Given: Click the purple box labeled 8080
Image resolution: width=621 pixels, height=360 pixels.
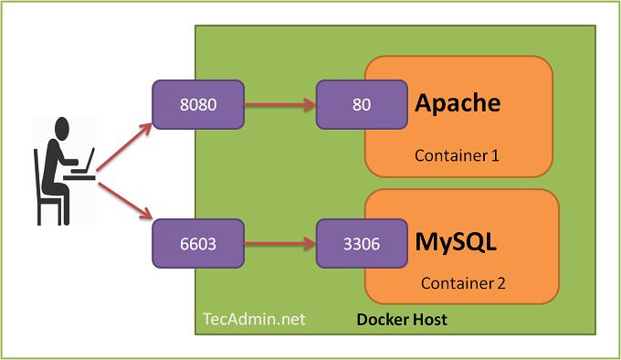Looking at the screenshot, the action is point(198,104).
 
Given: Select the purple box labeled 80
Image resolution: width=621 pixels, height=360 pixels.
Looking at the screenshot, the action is point(362,104).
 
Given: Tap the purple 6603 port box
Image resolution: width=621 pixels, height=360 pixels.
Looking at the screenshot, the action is point(198,244).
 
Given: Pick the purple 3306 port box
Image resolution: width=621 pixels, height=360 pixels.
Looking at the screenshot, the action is point(362,244).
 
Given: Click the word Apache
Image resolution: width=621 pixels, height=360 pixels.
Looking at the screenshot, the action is point(458,104).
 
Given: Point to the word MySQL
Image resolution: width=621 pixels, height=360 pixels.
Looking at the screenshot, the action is point(456,242).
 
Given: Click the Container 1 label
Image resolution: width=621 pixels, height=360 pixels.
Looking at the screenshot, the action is point(457,155).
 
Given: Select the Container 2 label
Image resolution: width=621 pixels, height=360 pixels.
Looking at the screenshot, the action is point(463,283).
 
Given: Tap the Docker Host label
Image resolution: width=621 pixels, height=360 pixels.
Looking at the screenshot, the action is point(402,320).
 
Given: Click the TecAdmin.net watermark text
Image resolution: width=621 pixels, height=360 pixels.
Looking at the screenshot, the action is point(254,319).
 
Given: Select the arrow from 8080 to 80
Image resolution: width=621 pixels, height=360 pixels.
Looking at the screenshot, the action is point(279,104).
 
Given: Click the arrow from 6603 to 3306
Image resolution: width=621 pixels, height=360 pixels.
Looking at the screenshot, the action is point(279,244).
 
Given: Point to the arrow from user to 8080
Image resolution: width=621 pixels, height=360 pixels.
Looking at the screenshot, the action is point(124,147).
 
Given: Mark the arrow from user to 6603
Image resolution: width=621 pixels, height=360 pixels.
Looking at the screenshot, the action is point(125,201).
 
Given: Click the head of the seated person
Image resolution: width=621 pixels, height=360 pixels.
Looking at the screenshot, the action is point(62,128).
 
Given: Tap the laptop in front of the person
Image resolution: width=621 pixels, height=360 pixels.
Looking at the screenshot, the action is point(85,163).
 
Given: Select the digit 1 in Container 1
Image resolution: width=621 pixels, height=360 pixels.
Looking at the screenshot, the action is point(495,155).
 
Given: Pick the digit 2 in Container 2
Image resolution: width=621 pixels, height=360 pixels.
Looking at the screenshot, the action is point(501,283).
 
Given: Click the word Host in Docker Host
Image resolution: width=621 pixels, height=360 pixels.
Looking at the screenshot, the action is point(430,320).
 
